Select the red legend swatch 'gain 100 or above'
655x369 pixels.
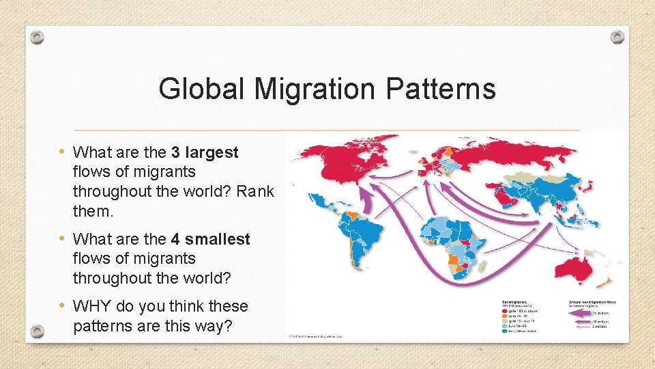[x=505, y=310]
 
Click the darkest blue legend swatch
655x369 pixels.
[x=505, y=331]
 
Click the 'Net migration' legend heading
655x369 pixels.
[x=516, y=301]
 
